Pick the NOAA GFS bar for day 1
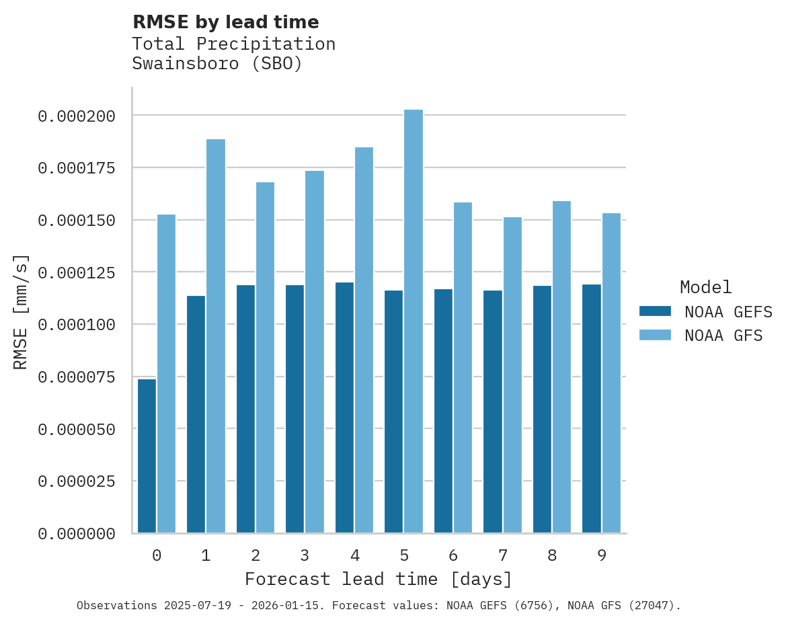coord(216,336)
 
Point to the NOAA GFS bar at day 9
coord(611,373)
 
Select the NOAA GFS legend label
coord(723,335)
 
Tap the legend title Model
coord(705,288)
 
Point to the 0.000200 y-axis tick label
coord(77,116)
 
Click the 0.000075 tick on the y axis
coord(77,377)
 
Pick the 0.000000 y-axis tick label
coord(77,534)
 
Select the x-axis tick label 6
coord(453,555)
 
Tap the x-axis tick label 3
coord(305,555)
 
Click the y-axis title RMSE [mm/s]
coord(22,311)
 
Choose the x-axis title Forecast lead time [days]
coord(379,579)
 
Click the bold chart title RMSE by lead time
coord(225,22)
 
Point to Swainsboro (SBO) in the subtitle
coord(216,64)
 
